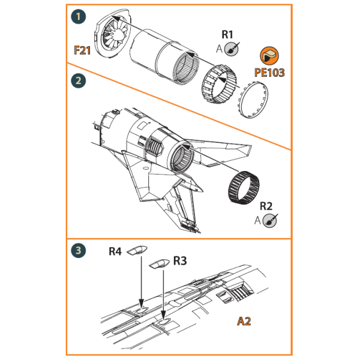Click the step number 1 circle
click(77, 17)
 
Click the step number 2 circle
click(77, 79)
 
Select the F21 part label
click(82, 50)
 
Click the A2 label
click(243, 321)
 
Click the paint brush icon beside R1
click(236, 48)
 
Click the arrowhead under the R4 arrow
click(141, 305)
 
